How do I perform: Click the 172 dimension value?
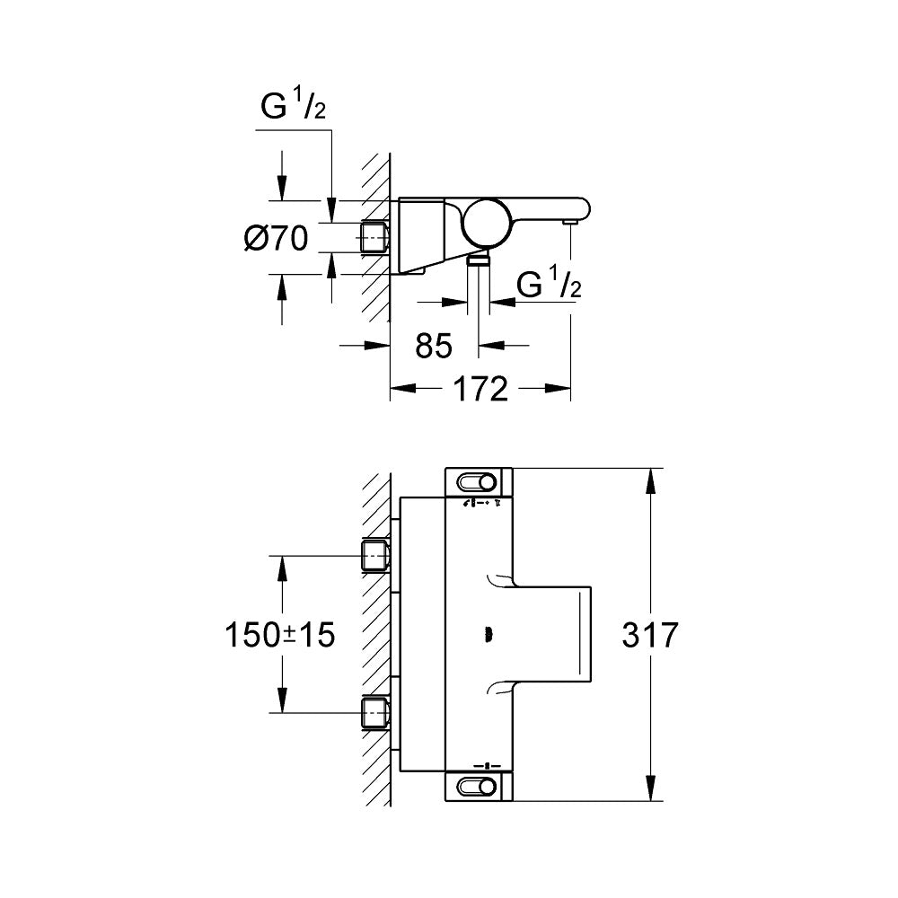(481, 389)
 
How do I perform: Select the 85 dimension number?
(434, 345)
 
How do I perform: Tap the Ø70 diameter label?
(276, 239)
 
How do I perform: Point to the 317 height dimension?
(649, 635)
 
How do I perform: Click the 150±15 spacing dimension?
(279, 635)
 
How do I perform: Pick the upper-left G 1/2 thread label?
(292, 108)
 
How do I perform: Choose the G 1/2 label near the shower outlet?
(549, 286)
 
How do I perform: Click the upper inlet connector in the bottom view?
(374, 556)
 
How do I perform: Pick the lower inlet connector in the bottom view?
(374, 713)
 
